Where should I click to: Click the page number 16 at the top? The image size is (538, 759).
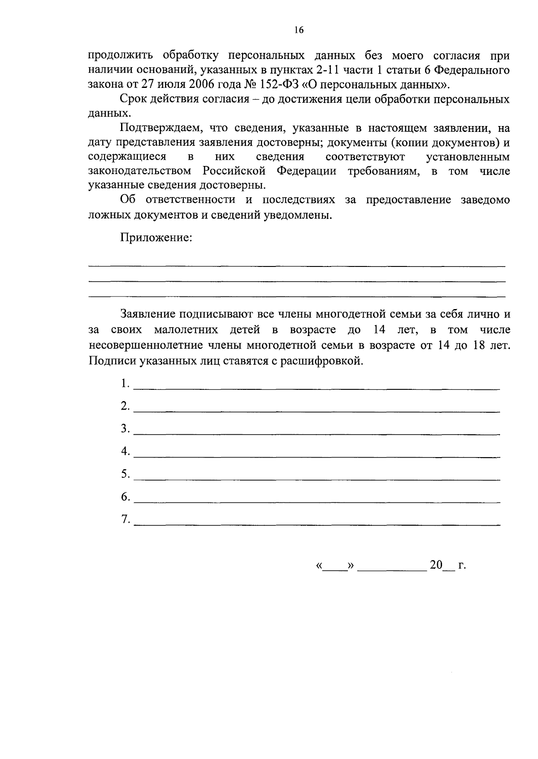[x=299, y=30]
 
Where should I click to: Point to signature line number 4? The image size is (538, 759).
[x=317, y=456]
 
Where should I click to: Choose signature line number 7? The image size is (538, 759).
[x=317, y=524]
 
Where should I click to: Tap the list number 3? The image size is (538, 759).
[x=125, y=429]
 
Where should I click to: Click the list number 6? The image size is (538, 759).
[x=125, y=497]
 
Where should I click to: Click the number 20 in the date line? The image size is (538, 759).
[x=436, y=565]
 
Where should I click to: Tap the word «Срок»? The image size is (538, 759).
[x=134, y=99]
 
